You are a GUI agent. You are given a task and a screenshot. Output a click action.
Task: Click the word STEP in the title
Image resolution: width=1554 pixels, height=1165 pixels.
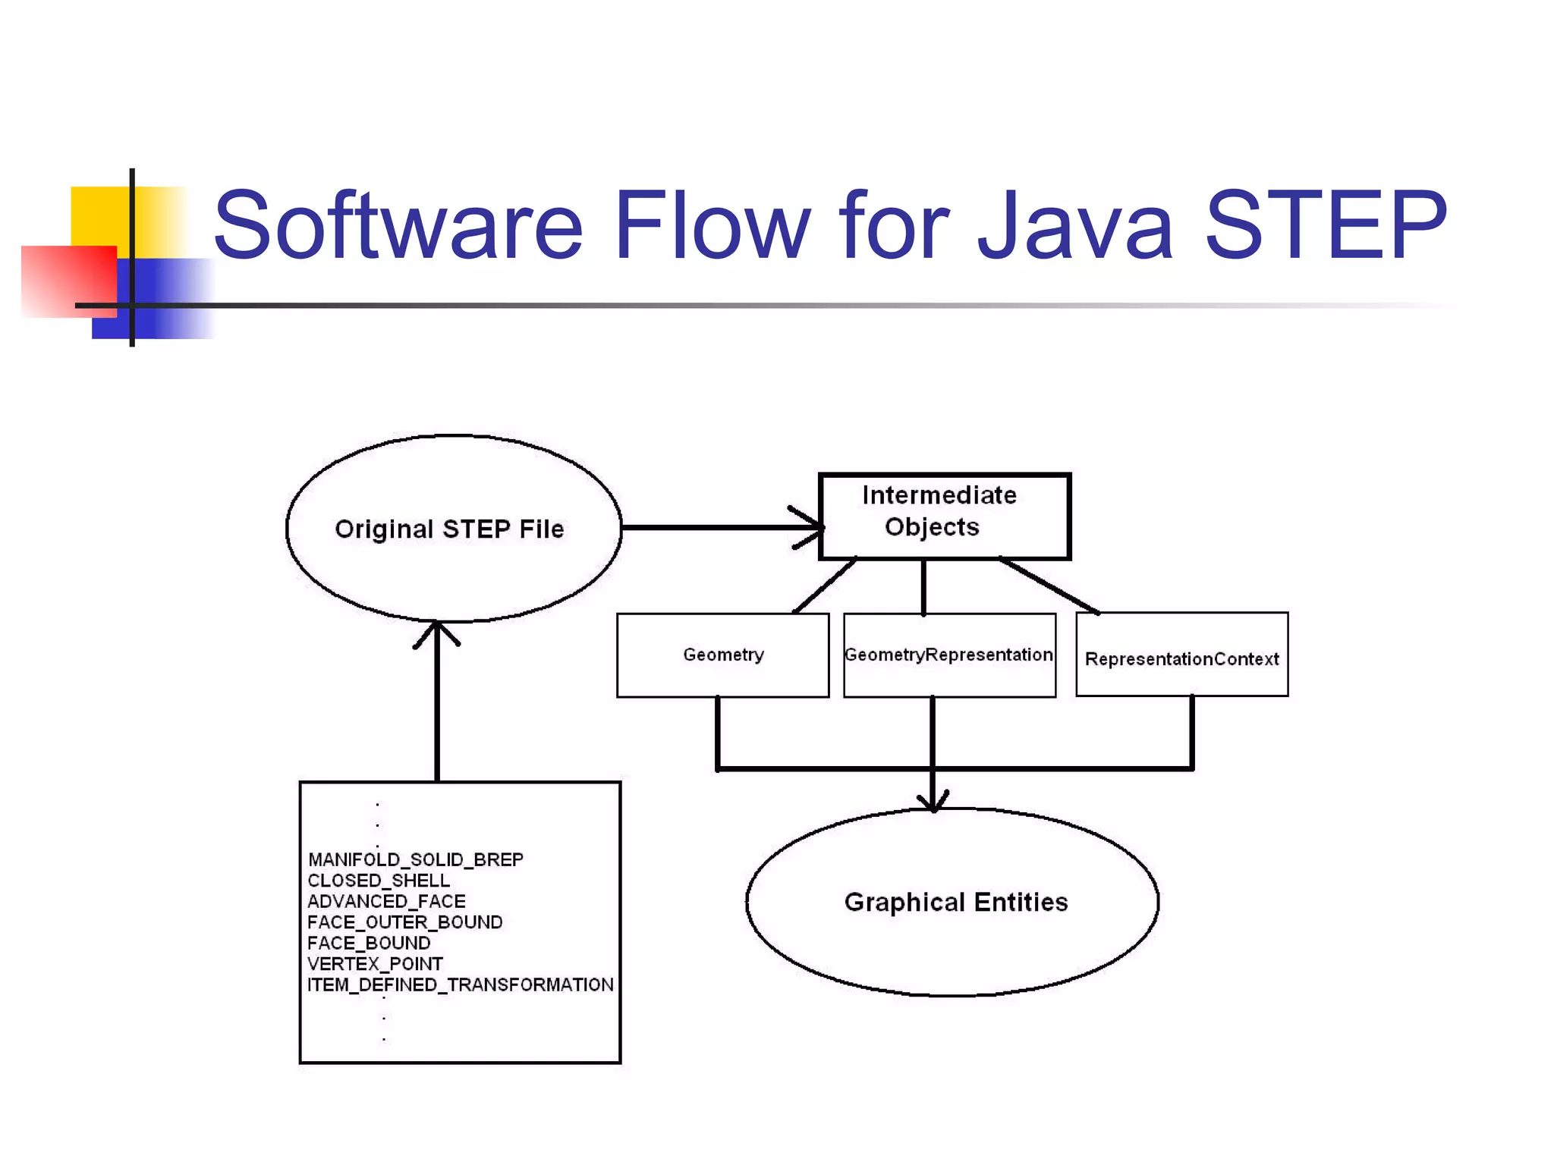[x=1326, y=225]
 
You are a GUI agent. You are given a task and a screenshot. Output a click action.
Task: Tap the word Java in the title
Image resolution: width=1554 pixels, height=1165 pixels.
[x=1076, y=225]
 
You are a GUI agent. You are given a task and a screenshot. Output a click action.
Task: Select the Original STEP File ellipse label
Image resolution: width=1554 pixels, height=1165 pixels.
[x=449, y=529]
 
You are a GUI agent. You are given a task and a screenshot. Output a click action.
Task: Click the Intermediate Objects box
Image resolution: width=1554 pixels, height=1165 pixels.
[x=944, y=516]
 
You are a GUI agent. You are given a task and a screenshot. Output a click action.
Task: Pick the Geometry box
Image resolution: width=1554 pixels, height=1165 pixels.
[x=722, y=655]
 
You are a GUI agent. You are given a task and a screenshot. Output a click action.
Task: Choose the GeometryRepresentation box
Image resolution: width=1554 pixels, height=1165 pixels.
[x=948, y=655]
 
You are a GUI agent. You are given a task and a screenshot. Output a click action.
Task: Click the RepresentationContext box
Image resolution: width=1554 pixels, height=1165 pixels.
[x=1181, y=658]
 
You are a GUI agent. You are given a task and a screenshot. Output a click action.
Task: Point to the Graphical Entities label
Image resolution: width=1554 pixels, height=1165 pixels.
[x=955, y=902]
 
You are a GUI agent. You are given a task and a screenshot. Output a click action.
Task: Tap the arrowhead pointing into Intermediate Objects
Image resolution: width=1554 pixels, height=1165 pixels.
[x=812, y=526]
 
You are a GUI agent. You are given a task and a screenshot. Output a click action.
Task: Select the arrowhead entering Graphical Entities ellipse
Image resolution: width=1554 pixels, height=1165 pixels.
[x=933, y=802]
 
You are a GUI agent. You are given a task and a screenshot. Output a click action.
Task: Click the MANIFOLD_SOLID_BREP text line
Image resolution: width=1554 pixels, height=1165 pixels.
[x=415, y=859]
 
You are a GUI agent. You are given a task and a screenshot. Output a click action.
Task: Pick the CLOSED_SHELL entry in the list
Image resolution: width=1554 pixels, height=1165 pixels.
[x=378, y=881]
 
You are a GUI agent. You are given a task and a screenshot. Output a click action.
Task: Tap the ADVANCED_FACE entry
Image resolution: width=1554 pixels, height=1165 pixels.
[x=386, y=901]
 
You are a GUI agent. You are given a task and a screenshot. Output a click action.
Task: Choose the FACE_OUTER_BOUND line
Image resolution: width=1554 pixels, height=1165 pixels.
[x=404, y=922]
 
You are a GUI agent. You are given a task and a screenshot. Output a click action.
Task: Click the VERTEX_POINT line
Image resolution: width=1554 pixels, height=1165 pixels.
[x=375, y=964]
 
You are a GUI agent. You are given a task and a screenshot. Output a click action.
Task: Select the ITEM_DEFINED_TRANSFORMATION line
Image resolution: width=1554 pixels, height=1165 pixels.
[x=460, y=984]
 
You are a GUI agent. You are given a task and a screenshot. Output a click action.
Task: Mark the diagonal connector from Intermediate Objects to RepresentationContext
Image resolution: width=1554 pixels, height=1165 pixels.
[x=1049, y=586]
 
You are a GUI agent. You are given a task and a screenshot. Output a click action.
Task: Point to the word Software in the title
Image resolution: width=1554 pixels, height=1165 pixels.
[x=398, y=225]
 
